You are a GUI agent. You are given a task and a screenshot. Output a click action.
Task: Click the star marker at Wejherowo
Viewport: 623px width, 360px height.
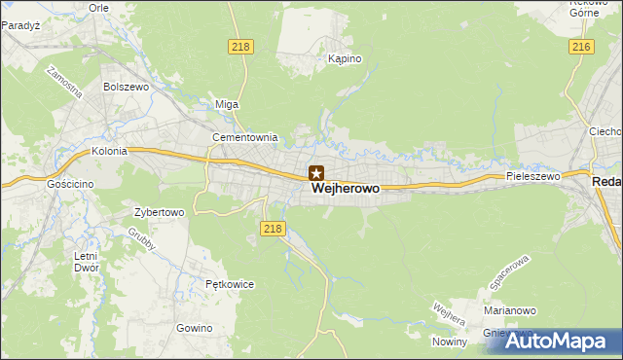pyautogui.click(x=316, y=173)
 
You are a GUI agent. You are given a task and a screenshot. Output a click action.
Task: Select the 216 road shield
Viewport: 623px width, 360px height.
pyautogui.click(x=582, y=47)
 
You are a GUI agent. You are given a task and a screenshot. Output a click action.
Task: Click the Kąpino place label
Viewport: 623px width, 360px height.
pyautogui.click(x=345, y=59)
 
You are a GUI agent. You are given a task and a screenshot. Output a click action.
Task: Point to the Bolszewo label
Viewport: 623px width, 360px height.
pyautogui.click(x=125, y=87)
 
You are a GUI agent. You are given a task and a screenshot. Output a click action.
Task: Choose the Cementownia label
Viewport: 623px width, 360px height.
pyautogui.click(x=245, y=137)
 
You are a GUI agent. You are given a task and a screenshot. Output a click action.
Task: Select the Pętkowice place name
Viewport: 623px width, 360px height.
pyautogui.click(x=230, y=285)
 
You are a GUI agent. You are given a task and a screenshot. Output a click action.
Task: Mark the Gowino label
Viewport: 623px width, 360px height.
pyautogui.click(x=195, y=328)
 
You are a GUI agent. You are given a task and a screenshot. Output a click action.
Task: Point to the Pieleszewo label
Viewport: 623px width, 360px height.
pyautogui.click(x=532, y=177)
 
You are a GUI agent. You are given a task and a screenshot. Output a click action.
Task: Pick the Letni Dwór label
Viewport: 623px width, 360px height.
pyautogui.click(x=86, y=262)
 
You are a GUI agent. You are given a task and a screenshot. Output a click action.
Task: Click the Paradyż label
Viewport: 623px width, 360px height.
pyautogui.click(x=19, y=25)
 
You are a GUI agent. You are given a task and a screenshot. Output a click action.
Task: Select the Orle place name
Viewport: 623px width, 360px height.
pyautogui.click(x=98, y=7)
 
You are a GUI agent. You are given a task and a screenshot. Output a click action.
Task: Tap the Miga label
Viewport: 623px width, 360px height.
pyautogui.click(x=227, y=104)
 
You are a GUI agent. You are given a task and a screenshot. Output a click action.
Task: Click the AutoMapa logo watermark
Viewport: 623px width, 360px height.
pyautogui.click(x=559, y=341)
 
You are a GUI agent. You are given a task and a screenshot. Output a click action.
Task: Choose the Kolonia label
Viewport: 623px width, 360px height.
pyautogui.click(x=110, y=152)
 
